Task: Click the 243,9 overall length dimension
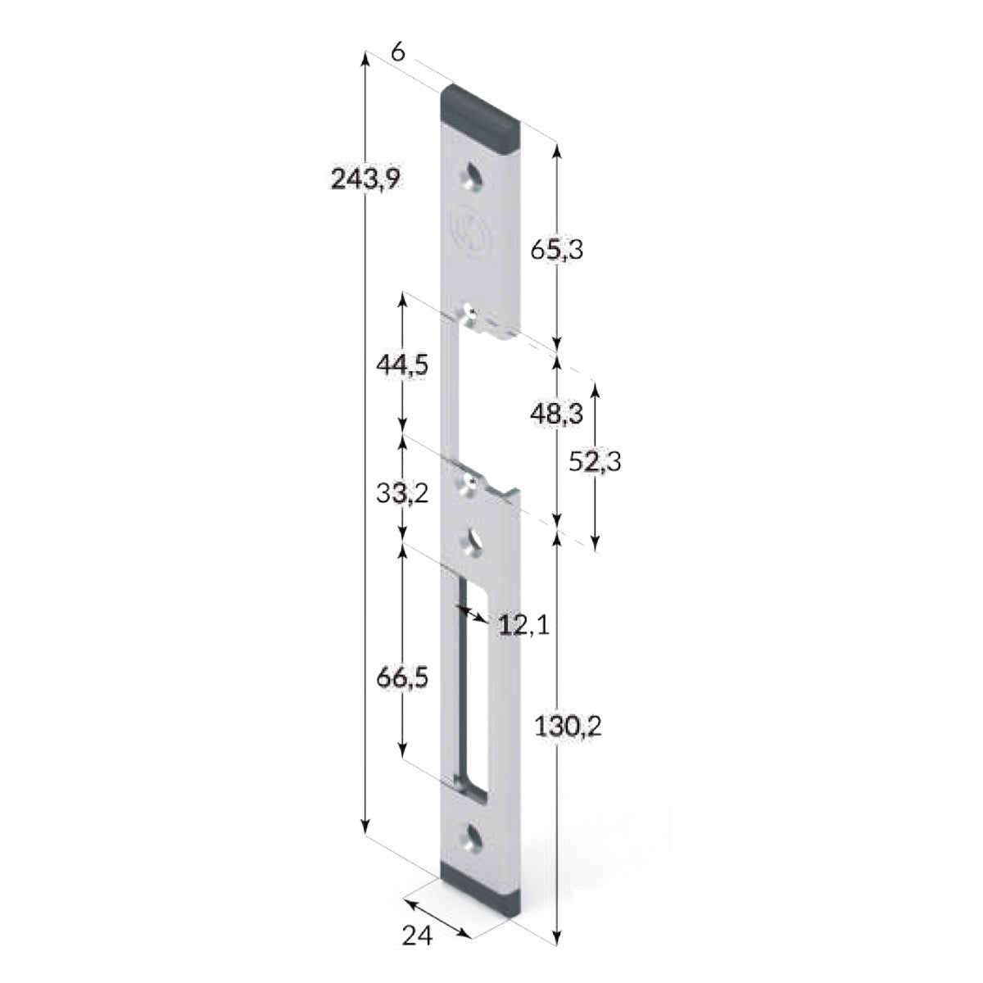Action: click(x=366, y=177)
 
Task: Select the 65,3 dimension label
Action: click(x=556, y=250)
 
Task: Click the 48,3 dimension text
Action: click(x=556, y=414)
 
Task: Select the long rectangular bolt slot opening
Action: click(x=472, y=688)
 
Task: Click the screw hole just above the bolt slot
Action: click(x=473, y=541)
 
